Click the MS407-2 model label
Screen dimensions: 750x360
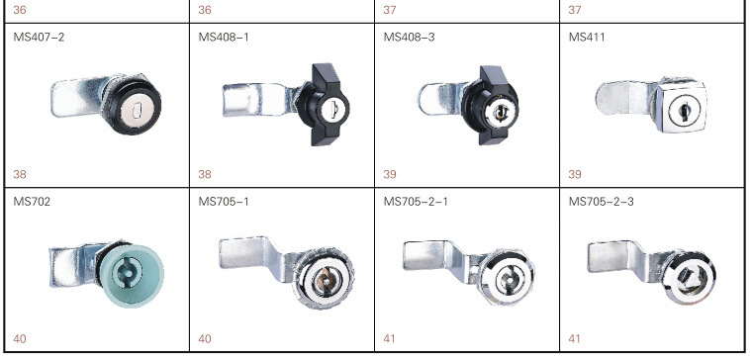pos(39,37)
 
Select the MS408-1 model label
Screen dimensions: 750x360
pos(224,37)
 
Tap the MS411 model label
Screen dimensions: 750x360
pos(587,37)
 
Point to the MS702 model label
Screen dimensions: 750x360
pos(32,202)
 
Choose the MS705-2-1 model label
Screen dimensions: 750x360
pos(416,202)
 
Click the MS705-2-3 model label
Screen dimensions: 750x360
pos(602,202)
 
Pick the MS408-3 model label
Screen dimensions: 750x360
pos(410,37)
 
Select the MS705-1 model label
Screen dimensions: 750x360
pos(224,202)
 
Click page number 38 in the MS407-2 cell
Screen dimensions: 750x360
pos(20,174)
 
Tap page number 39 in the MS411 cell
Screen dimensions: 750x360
pos(575,174)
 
